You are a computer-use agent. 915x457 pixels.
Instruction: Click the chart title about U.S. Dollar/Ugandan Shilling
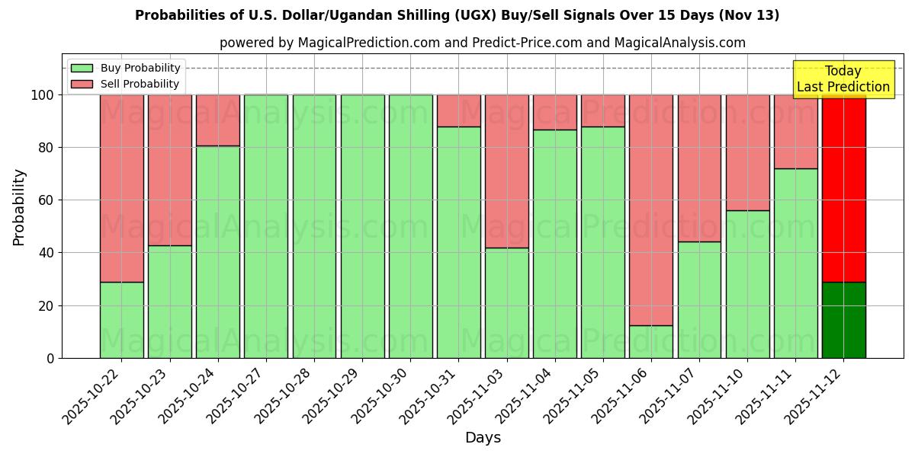(x=457, y=15)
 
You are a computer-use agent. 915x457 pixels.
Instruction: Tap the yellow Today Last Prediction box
(x=843, y=79)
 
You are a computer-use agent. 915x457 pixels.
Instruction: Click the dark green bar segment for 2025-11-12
(x=843, y=320)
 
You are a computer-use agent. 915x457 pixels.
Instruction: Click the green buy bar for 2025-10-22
(x=121, y=320)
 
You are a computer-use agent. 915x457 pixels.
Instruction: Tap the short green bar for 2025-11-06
(x=650, y=341)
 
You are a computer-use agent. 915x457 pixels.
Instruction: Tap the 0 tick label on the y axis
(x=50, y=358)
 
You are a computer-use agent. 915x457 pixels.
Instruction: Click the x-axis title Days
(x=483, y=437)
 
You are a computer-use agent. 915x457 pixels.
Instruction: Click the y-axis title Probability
(x=19, y=206)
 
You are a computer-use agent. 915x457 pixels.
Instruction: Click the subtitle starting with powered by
(x=482, y=43)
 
